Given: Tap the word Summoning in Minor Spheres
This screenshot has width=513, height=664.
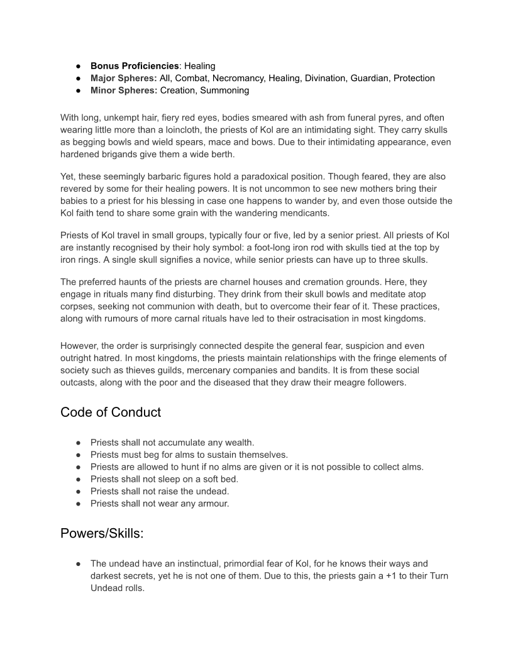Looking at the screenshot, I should tap(224, 91).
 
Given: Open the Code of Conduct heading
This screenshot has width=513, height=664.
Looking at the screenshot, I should tap(111, 412).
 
